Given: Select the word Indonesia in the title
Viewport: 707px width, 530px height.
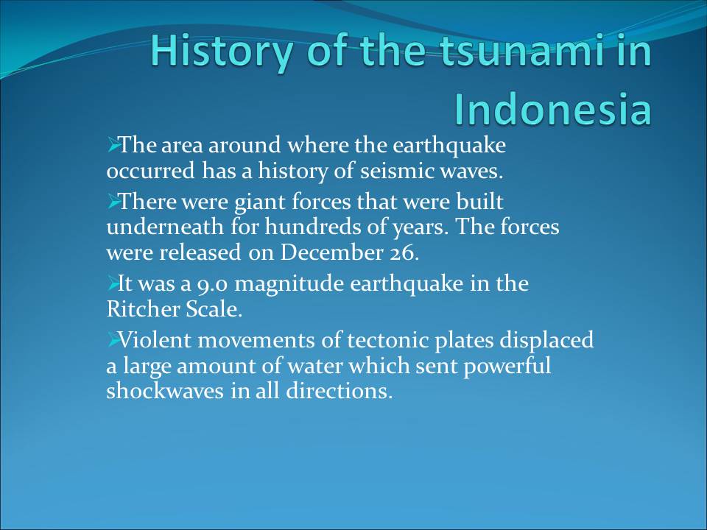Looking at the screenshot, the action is [x=553, y=109].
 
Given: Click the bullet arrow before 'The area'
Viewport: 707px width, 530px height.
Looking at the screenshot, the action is [x=113, y=145].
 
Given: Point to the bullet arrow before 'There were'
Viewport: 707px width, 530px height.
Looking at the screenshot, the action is [x=113, y=201].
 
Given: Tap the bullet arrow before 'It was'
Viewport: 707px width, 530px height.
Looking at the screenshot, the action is [x=113, y=284].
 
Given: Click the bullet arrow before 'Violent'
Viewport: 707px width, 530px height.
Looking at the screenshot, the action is [x=113, y=339].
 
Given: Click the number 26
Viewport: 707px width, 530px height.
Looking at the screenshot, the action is [x=404, y=252].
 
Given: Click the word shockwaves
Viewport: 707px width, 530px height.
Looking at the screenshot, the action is [x=165, y=391].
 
